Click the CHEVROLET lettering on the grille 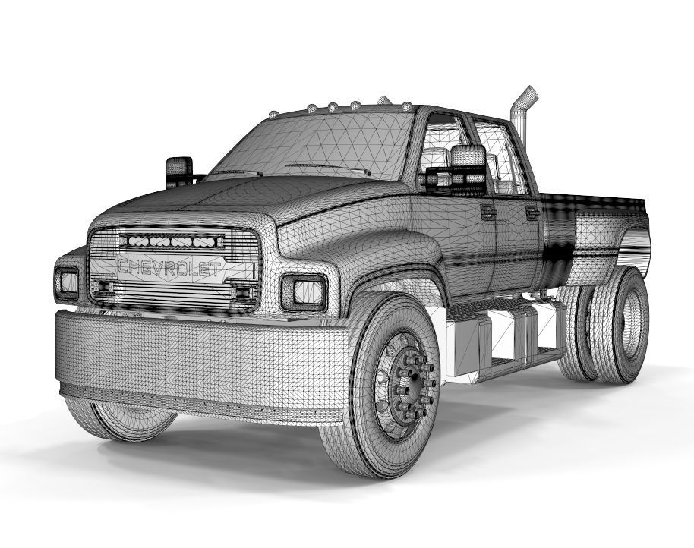171,268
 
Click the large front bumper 197,361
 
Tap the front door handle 487,213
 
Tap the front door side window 444,152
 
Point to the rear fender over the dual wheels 611,235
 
